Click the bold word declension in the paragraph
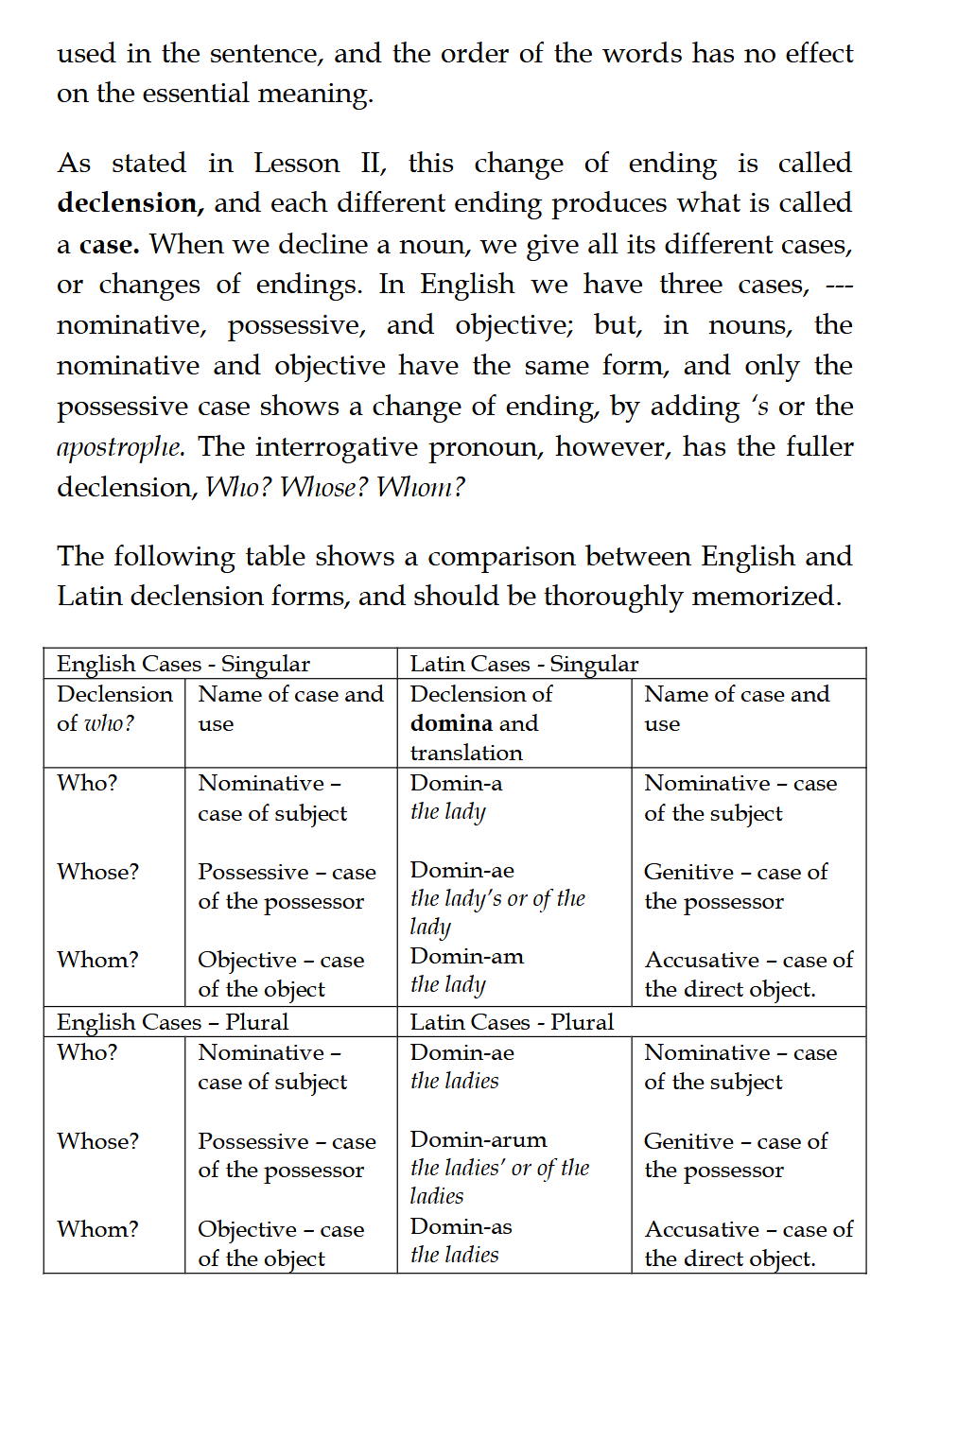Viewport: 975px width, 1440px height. pyautogui.click(x=127, y=203)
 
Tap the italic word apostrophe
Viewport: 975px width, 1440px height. pyautogui.click(x=119, y=447)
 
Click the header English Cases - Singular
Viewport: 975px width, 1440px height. pyautogui.click(x=183, y=664)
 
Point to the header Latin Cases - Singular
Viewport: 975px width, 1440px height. pyautogui.click(x=524, y=664)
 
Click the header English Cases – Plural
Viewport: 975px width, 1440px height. pyautogui.click(x=172, y=1022)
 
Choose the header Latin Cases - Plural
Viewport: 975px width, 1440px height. pyautogui.click(x=512, y=1022)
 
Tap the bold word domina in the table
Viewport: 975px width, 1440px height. pyautogui.click(x=449, y=723)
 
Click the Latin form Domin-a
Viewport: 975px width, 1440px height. pyautogui.click(x=456, y=783)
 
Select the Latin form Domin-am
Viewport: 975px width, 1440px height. pyautogui.click(x=466, y=956)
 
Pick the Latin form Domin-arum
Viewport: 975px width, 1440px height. pyautogui.click(x=478, y=1139)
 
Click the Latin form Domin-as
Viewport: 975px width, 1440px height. pyautogui.click(x=461, y=1226)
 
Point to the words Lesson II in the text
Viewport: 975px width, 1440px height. pyautogui.click(x=319, y=164)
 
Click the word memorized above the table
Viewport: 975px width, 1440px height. pyautogui.click(x=765, y=597)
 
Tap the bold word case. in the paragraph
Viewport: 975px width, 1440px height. pyautogui.click(x=109, y=245)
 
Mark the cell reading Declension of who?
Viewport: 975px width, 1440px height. pyautogui.click(x=113, y=709)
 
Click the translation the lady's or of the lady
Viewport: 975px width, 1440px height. pyautogui.click(x=497, y=911)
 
